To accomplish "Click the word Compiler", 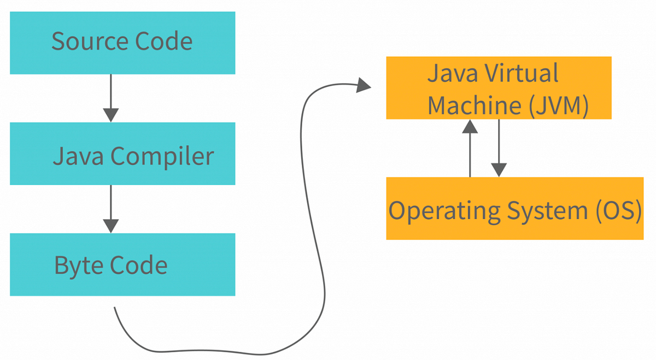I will (162, 157).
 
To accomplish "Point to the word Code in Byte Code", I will (139, 265).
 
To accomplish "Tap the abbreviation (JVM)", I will (558, 105).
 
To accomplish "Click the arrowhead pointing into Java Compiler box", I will (111, 115).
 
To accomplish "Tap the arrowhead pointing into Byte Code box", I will (111, 226).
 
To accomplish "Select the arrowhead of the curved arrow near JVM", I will (364, 85).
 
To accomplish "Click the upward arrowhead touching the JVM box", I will (470, 126).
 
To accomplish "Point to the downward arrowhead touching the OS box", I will (499, 170).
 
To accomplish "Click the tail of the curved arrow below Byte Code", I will (115, 309).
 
